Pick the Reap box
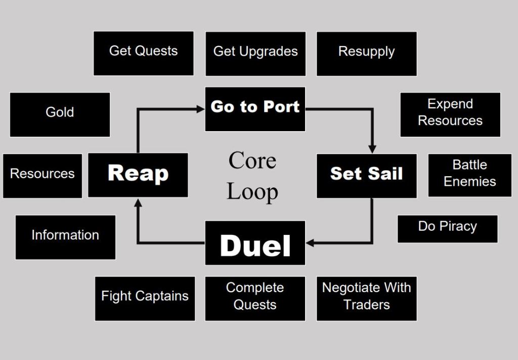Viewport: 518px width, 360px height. click(x=138, y=175)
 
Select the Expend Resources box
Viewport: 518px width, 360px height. click(x=450, y=114)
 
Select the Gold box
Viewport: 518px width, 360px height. click(x=60, y=114)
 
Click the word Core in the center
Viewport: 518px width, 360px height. click(x=252, y=161)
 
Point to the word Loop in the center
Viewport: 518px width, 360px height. click(x=252, y=191)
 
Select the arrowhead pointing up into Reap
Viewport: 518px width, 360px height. click(x=138, y=201)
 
